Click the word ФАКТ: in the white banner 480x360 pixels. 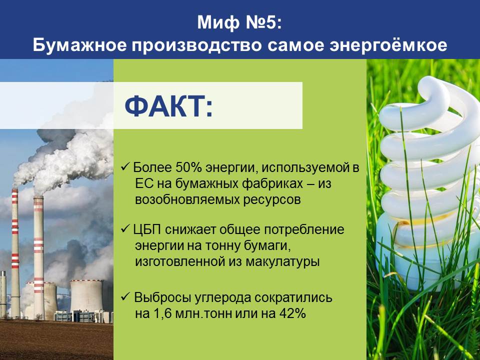point(168,105)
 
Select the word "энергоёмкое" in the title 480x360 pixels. point(388,45)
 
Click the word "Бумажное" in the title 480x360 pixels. point(79,45)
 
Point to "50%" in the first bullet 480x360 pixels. point(189,167)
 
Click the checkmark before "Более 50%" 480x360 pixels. point(125,167)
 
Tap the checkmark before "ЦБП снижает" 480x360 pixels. point(125,228)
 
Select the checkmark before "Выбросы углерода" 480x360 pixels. point(125,296)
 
